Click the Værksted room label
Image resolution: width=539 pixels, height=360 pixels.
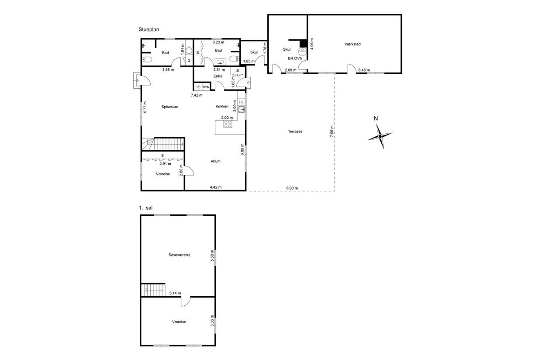click(352, 44)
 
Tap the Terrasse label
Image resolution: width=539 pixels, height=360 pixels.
click(295, 132)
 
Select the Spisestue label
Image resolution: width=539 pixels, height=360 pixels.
click(169, 107)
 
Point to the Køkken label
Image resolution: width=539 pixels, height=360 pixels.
click(222, 106)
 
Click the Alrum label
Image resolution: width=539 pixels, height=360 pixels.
click(215, 161)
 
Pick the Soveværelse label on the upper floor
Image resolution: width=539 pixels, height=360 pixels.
click(179, 255)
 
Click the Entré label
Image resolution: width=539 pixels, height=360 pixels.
click(218, 76)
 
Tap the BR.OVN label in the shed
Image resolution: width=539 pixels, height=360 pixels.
click(295, 58)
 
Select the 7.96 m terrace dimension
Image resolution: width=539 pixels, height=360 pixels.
click(332, 132)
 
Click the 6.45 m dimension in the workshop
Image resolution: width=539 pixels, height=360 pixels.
click(364, 70)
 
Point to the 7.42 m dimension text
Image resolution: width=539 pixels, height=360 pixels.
click(197, 95)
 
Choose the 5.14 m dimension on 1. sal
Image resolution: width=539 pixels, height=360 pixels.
click(175, 293)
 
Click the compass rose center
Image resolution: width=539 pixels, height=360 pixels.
click(380, 136)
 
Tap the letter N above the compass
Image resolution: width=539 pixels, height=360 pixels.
click(376, 118)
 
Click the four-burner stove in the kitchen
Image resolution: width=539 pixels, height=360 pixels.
click(228, 124)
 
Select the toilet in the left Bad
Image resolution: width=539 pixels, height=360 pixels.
click(147, 59)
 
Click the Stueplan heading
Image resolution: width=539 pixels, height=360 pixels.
click(149, 29)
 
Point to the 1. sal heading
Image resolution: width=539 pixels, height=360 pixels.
click(145, 208)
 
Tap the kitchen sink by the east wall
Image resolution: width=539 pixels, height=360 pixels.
click(242, 110)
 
